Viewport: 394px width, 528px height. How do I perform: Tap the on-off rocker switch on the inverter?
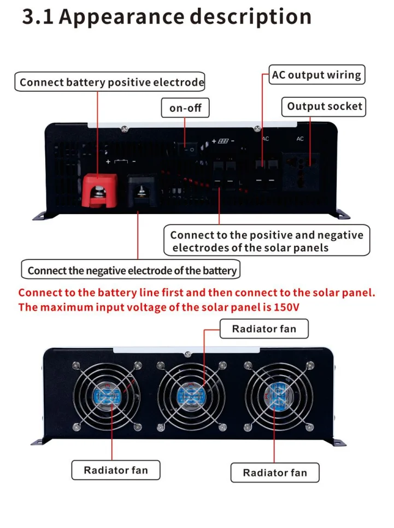tap(187, 149)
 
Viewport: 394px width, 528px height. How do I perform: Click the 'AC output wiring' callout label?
tap(316, 75)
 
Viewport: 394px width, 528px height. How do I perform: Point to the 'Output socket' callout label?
tap(325, 106)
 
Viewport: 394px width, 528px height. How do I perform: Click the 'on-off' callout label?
tap(185, 108)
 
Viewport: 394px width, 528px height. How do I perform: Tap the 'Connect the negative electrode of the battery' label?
tap(132, 270)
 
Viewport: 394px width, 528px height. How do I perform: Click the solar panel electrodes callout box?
tap(266, 241)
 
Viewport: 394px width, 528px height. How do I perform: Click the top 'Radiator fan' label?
tap(264, 329)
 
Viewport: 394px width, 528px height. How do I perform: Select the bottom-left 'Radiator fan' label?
tap(116, 470)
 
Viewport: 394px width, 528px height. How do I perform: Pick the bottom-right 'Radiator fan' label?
tap(275, 473)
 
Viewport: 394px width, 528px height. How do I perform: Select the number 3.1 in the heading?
tap(37, 16)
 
